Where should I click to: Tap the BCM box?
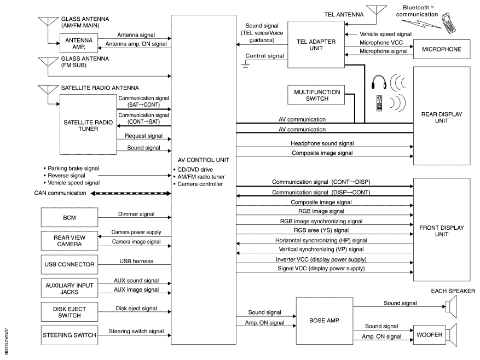pos(68,217)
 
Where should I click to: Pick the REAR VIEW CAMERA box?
pos(68,241)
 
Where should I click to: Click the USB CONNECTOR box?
pos(68,265)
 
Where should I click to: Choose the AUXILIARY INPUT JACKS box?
pos(68,288)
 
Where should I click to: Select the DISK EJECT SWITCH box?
pos(68,312)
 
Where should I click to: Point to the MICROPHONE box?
pos(442,50)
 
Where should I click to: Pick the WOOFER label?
pos(429,334)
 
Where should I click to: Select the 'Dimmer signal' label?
pos(136,214)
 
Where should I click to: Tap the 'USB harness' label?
pos(136,261)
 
